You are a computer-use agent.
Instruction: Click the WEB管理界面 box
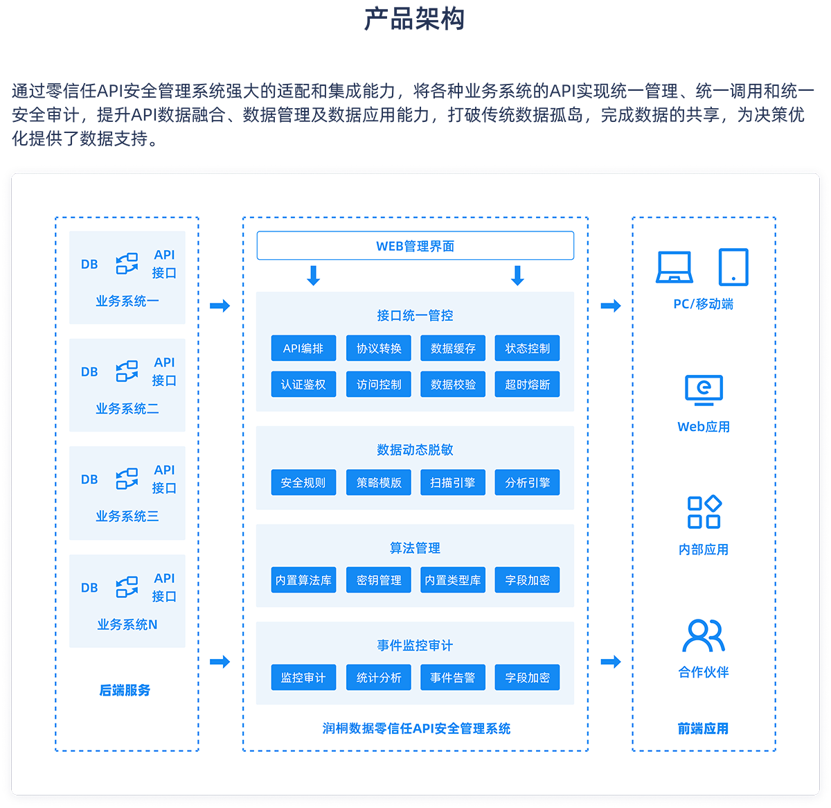click(415, 246)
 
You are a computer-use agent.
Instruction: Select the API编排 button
click(303, 349)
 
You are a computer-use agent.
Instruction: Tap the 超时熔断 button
click(527, 385)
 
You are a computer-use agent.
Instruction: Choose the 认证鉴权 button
click(303, 385)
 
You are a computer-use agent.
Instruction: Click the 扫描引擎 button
click(453, 483)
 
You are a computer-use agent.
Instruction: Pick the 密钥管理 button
click(378, 581)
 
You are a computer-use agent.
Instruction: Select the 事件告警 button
click(453, 678)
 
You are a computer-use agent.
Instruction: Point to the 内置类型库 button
click(453, 581)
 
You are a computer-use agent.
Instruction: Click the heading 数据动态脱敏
click(415, 450)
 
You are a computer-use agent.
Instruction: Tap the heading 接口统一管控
click(415, 315)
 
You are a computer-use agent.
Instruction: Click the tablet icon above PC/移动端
click(733, 267)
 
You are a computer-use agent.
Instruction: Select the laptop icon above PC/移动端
click(674, 267)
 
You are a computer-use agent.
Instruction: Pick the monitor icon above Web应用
click(704, 390)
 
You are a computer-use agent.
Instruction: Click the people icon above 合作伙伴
click(704, 635)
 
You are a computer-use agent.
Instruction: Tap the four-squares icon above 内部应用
click(704, 512)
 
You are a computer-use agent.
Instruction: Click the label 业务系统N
click(127, 625)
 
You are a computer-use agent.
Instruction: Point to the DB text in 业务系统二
click(89, 372)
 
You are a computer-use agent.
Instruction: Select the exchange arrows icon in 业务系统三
click(127, 479)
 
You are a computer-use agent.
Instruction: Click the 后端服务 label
click(125, 690)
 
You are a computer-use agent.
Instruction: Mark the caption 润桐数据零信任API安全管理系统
click(416, 728)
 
